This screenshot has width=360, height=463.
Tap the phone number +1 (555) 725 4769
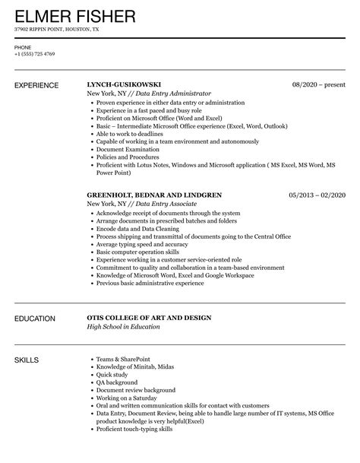(35, 54)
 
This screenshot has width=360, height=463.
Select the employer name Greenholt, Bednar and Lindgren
(154, 195)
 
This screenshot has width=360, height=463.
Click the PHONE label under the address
(22, 47)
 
